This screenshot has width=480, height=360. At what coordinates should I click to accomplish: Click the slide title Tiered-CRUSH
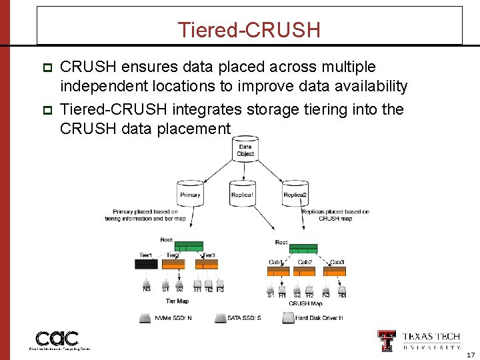pos(249,30)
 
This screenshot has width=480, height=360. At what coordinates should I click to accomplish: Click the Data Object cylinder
pos(245,151)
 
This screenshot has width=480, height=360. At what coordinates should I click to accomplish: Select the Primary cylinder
pos(190,193)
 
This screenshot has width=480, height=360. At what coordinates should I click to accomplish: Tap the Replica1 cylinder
pos(242,193)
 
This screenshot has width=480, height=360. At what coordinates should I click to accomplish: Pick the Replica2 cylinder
pos(295,193)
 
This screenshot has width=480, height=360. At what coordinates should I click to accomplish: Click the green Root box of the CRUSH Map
pos(304,248)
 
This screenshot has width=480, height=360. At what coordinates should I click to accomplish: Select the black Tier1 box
pos(146,264)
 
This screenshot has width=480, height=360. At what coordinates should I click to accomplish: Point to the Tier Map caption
pos(177,301)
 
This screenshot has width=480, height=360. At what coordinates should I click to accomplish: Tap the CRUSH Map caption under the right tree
pos(305,304)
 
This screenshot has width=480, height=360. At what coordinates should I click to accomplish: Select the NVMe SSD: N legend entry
pos(167,318)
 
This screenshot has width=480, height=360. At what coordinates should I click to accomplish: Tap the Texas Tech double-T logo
pos(387,340)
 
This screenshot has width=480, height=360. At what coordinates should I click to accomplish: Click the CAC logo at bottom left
pos(57,339)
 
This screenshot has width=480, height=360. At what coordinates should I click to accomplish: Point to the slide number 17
pos(471,355)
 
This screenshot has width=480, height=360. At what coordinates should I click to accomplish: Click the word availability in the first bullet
pos(374,86)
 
